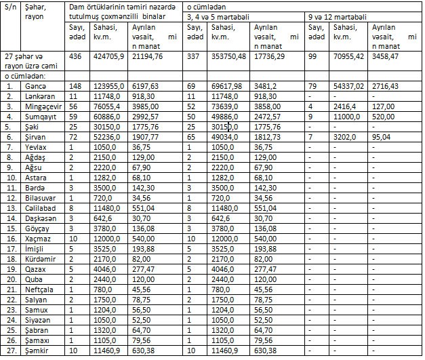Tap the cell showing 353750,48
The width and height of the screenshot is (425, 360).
[229, 57]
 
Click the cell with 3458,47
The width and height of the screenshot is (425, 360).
[385, 57]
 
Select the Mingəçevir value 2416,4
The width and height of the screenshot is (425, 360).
[345, 107]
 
